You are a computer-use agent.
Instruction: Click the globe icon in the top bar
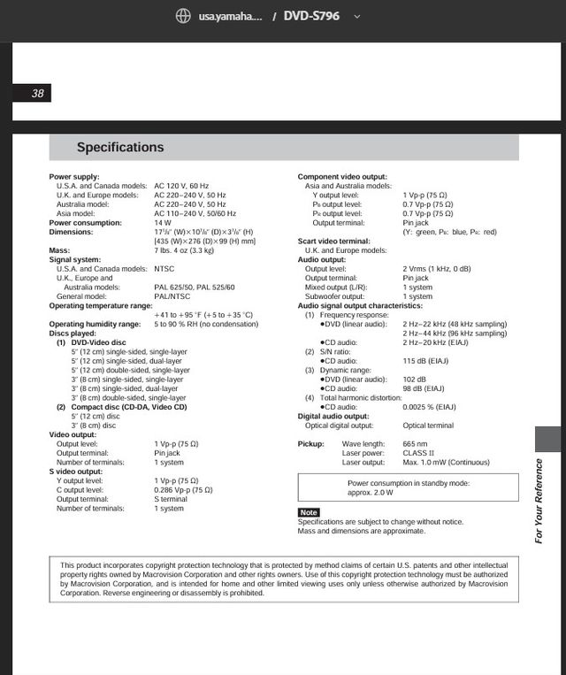coord(183,17)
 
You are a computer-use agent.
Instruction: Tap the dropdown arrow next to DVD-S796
coord(357,17)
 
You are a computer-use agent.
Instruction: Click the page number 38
coord(37,94)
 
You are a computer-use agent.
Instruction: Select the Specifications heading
coord(120,148)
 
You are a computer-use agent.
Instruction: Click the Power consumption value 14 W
coord(163,223)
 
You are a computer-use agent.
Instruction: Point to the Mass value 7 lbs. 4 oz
coord(184,250)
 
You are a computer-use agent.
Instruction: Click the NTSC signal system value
coord(164,269)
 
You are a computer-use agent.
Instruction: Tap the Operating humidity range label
coord(95,324)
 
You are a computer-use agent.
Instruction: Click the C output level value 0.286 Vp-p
coord(183,489)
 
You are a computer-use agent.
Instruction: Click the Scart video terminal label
coord(333,241)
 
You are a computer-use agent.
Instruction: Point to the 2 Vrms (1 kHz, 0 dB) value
coord(437,269)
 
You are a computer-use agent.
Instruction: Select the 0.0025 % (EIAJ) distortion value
coord(430,407)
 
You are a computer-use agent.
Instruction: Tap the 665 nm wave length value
coord(415,443)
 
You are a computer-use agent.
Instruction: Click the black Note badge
coord(309,513)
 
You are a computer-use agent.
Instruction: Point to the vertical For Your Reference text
coord(539,500)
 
